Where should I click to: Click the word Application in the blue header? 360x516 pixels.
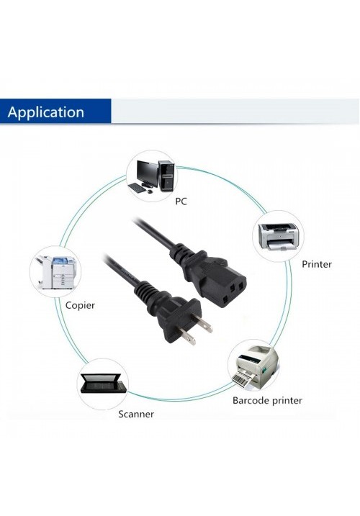46,112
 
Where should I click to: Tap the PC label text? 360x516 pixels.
181,201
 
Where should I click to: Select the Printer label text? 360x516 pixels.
317,264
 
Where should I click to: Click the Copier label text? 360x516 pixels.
80,305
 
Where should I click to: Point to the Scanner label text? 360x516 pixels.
136,414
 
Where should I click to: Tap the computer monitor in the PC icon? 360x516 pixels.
147,173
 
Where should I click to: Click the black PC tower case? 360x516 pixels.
166,176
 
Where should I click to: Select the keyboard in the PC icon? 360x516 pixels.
137,189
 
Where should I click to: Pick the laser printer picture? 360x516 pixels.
279,237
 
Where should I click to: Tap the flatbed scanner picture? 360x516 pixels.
103,384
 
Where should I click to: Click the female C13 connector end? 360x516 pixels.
215,276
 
